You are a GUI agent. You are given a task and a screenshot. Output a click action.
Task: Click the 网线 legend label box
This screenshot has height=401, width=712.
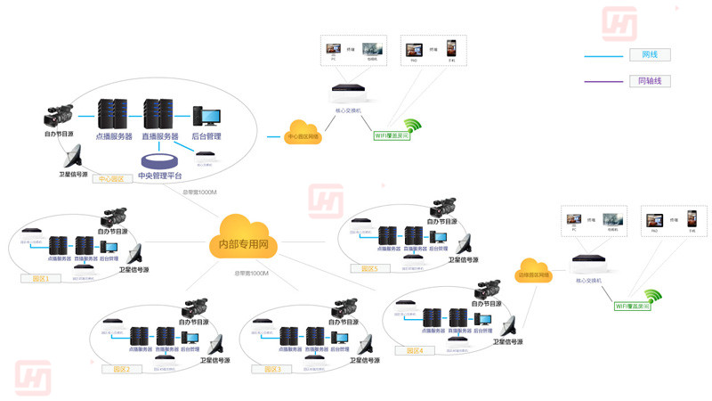(650, 55)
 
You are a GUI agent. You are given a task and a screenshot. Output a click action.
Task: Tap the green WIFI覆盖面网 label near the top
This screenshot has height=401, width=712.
(392, 136)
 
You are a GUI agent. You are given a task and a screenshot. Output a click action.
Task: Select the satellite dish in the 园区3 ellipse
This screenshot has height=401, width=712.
(363, 345)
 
